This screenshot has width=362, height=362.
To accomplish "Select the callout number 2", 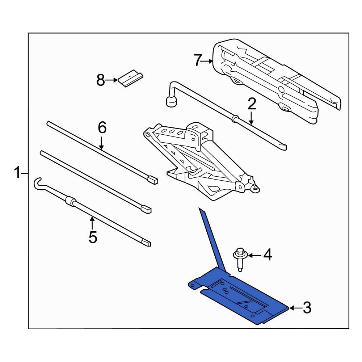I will pos(252,104).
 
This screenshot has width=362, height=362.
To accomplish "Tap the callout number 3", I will pos(307,308).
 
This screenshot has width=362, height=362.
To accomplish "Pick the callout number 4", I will pos(267,255).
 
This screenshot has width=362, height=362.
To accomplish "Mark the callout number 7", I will pos(197,60).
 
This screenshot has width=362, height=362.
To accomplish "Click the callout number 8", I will pos(101,80).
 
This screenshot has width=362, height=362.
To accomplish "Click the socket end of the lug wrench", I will pos(171,102).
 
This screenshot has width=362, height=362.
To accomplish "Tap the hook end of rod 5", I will pos(38,183).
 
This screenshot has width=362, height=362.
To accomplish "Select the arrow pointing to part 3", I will pos(294,308).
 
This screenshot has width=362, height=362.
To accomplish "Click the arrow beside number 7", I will pos(208,61).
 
